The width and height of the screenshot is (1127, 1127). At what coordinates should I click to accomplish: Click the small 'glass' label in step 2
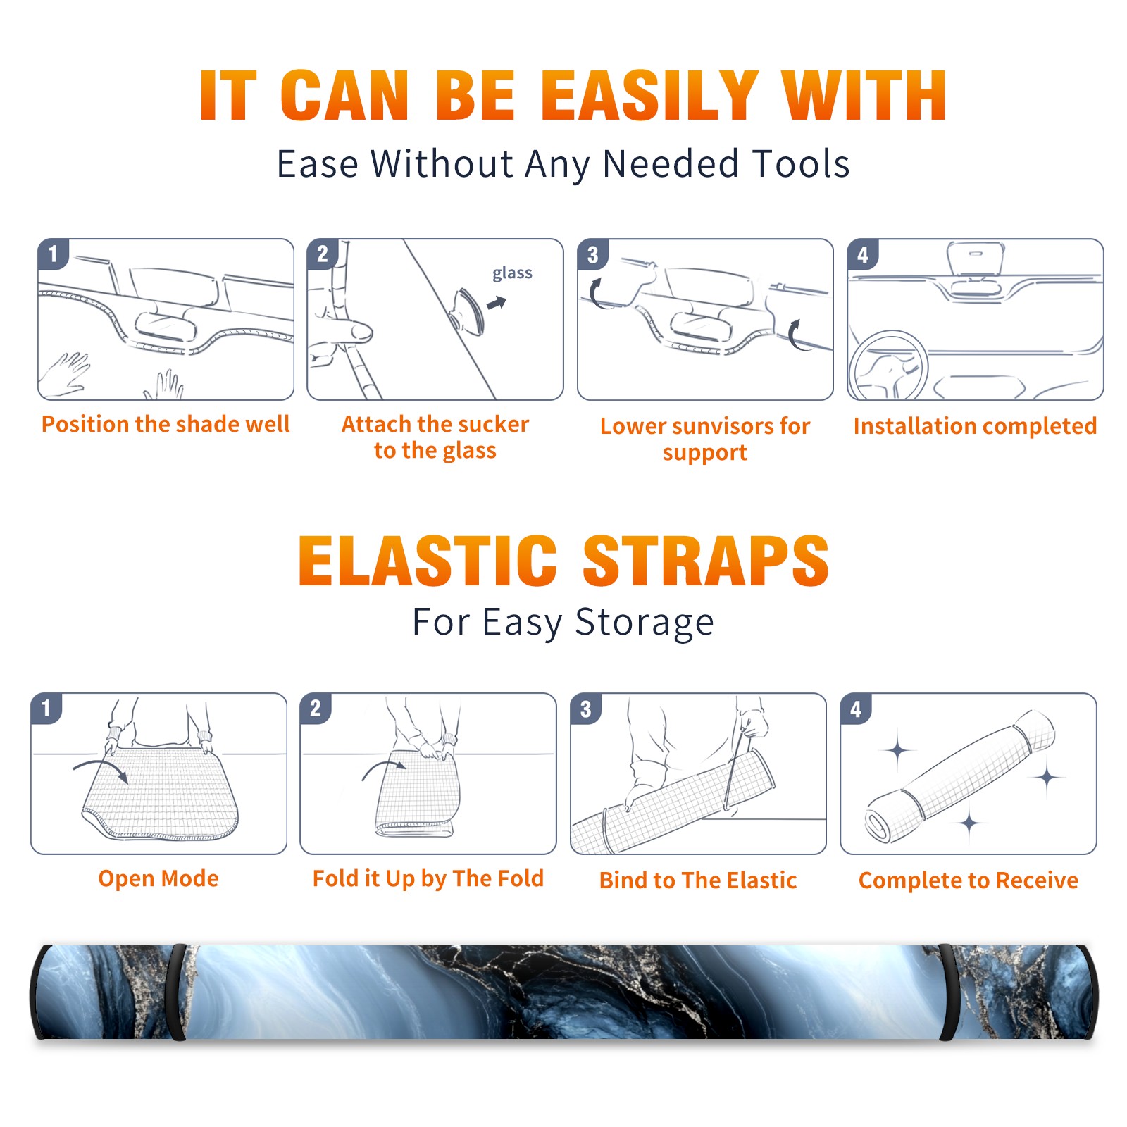[512, 273]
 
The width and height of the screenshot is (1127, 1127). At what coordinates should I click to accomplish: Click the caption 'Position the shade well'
[166, 424]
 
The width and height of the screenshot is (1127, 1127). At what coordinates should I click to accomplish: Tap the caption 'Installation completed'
[975, 426]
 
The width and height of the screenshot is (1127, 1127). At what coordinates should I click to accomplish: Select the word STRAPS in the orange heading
[706, 561]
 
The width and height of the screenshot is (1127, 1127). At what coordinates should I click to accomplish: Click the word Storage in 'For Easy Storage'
[645, 623]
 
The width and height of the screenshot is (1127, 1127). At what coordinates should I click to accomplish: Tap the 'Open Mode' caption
[158, 878]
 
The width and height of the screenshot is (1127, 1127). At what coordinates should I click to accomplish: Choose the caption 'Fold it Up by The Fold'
[428, 878]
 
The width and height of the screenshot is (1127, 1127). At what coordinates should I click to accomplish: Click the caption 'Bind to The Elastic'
[698, 880]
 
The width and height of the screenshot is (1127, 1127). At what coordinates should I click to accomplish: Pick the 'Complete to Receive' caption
[969, 880]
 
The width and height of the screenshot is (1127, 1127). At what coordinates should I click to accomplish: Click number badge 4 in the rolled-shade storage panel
[856, 709]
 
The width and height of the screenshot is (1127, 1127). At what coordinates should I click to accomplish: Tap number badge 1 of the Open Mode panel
[46, 708]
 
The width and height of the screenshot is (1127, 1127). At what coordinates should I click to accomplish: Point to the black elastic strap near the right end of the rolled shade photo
[948, 992]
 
